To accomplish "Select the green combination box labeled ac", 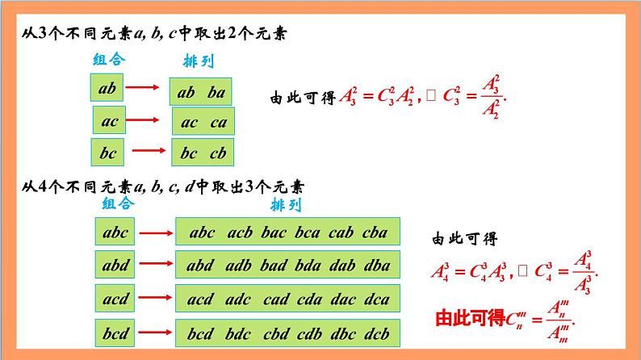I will point(110,122).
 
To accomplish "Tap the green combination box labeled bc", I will point(109,152).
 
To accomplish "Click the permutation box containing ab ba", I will point(202,91).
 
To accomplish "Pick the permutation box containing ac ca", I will point(203,122).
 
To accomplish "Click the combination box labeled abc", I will point(115,233).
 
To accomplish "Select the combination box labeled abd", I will point(115,265).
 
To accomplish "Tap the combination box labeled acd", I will point(115,299).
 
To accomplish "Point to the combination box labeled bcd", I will point(115,332).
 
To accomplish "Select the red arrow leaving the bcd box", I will point(155,332).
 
